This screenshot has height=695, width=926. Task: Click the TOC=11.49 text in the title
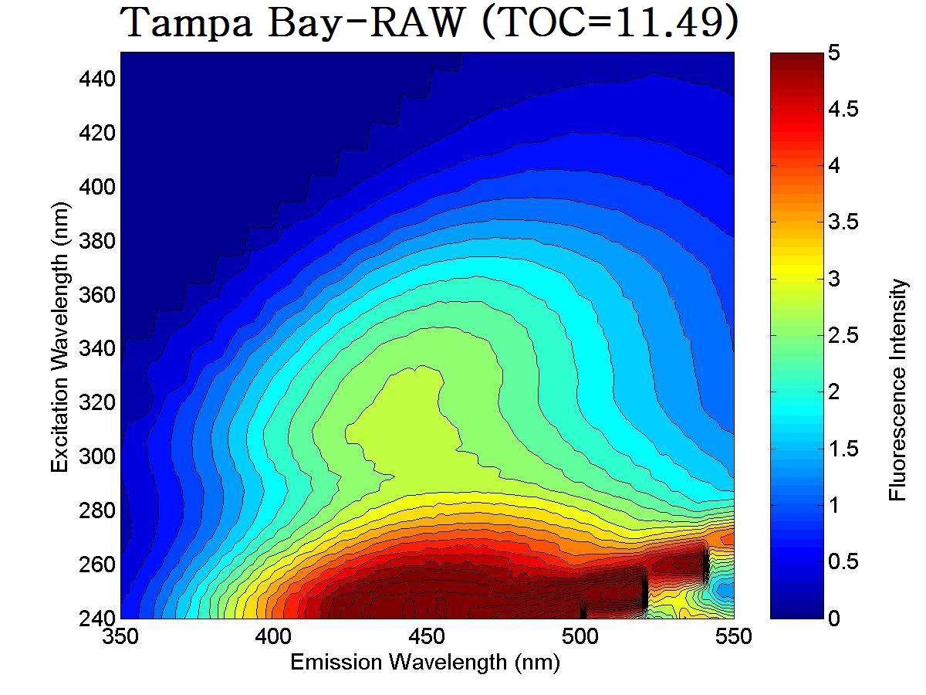coord(610,23)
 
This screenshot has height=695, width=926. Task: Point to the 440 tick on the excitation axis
coord(96,80)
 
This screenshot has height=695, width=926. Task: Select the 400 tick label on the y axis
coord(96,188)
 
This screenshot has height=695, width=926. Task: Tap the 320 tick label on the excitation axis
coord(96,403)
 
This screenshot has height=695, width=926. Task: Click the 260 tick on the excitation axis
coord(96,564)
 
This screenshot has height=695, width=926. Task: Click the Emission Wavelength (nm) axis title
coord(424,663)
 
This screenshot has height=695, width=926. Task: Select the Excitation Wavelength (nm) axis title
coord(60,337)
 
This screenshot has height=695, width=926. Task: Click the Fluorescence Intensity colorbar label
coord(898,390)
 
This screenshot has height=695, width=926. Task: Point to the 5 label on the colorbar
coord(834,53)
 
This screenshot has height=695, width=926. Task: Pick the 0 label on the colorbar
coord(834,619)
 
